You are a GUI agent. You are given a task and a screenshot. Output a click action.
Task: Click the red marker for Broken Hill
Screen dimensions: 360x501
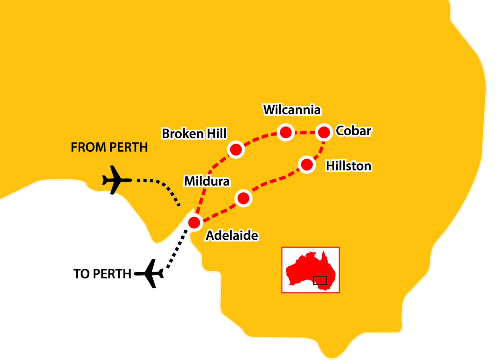[236, 150]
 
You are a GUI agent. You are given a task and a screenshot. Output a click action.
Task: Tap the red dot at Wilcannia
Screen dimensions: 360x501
[286, 132]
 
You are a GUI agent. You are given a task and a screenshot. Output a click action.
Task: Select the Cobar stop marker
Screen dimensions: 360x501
[324, 132]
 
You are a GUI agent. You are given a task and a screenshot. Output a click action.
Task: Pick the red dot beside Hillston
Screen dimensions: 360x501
[307, 164]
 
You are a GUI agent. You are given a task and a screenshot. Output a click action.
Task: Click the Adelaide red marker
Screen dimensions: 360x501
[194, 223]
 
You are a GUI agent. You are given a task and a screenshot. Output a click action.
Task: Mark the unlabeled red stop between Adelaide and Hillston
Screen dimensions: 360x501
[243, 198]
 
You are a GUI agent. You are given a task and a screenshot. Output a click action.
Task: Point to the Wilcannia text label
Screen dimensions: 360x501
[292, 110]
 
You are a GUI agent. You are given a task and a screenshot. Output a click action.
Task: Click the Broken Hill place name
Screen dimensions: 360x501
[194, 134]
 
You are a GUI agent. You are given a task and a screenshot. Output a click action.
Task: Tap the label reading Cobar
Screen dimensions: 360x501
[354, 131]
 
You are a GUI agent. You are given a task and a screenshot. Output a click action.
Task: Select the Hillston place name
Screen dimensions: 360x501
[349, 166]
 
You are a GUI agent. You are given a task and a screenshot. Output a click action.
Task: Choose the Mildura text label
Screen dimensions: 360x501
[207, 181]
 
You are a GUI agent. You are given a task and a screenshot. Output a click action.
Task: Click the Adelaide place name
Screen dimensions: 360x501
[232, 235]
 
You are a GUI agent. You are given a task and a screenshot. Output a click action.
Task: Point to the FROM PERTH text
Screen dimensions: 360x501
[109, 147]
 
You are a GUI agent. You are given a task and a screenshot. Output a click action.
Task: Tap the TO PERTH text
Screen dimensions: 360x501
[102, 274]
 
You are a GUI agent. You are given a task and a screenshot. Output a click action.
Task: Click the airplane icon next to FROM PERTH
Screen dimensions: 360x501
[115, 180]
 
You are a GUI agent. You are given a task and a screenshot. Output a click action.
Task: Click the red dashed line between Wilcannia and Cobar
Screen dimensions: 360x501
[305, 133]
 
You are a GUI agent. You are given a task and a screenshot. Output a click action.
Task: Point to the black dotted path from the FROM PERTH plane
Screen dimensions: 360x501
[163, 186]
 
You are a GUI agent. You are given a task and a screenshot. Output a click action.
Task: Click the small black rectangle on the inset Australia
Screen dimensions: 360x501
[320, 280]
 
